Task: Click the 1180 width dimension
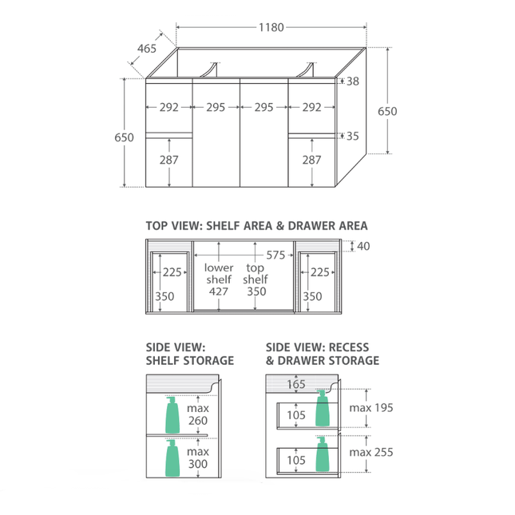(271, 27)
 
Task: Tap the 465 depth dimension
(147, 49)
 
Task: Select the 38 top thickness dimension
(353, 81)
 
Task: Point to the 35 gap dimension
(353, 136)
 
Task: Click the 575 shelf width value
(275, 255)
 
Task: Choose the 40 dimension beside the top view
(363, 246)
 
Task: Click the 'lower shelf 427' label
(219, 279)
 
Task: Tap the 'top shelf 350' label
(256, 279)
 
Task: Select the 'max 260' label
(198, 414)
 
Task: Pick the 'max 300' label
(198, 458)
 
